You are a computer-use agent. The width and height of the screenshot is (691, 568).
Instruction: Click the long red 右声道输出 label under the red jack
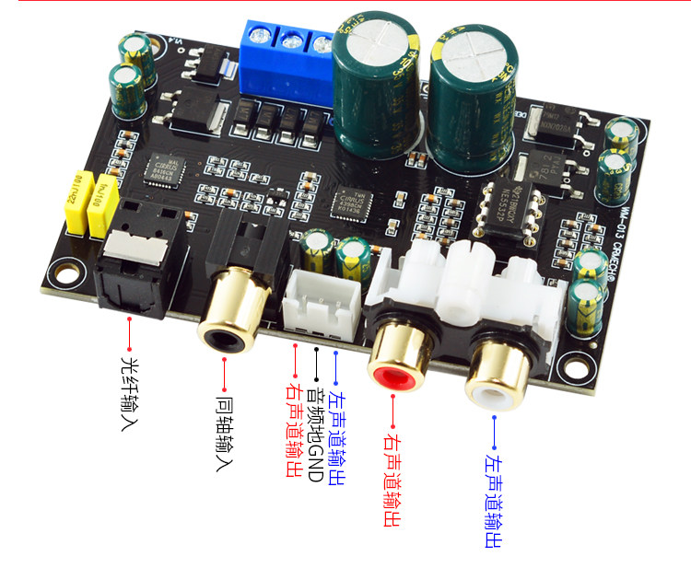(392, 480)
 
